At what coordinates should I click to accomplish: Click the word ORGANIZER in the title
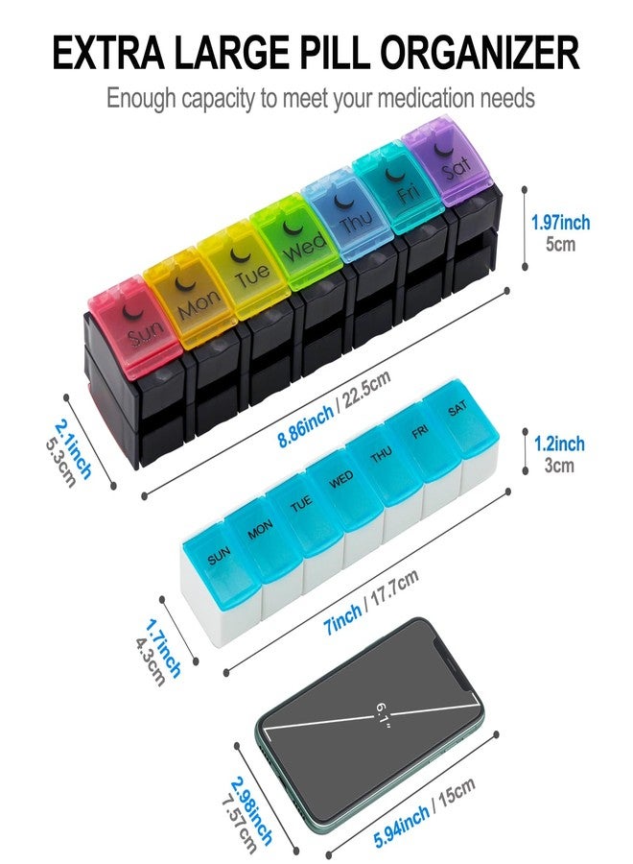click(x=479, y=53)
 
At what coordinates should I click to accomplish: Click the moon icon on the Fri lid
click(x=394, y=174)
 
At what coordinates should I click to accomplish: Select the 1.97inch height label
click(x=560, y=223)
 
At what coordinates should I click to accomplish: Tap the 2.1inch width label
click(x=74, y=449)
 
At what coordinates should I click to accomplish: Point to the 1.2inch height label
click(x=559, y=444)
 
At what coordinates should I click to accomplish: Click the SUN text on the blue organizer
click(x=219, y=556)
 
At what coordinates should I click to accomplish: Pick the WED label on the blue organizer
click(x=341, y=479)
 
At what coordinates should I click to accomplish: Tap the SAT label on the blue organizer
click(x=457, y=408)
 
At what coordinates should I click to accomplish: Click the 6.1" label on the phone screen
click(x=383, y=715)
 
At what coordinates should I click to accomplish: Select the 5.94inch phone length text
click(x=402, y=827)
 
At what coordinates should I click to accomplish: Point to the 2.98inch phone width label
click(x=251, y=810)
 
